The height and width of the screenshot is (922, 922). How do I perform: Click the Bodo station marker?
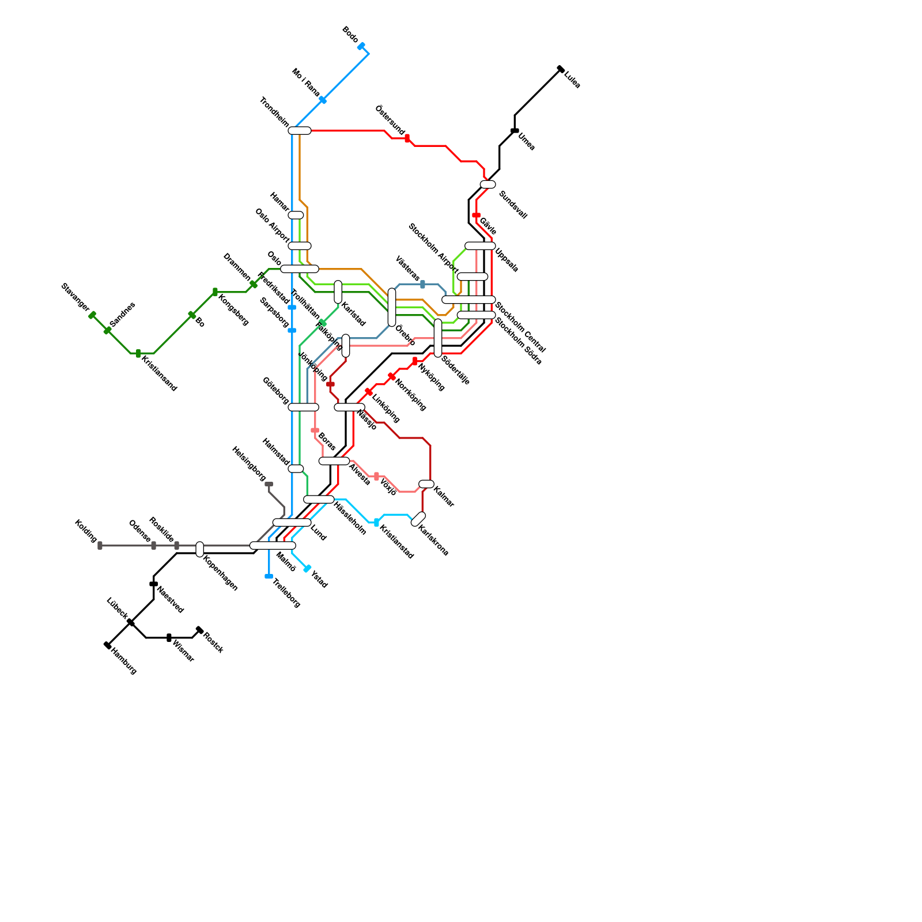click(x=361, y=46)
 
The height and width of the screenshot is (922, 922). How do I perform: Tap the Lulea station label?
click(x=572, y=80)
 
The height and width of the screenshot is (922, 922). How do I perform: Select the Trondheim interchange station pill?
click(x=300, y=131)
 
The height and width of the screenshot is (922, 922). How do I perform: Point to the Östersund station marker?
click(x=407, y=138)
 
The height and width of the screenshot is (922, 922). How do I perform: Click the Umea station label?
click(x=527, y=142)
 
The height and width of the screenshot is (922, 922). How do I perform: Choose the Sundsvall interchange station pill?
click(x=488, y=184)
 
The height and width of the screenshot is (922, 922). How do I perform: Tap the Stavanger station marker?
click(x=92, y=315)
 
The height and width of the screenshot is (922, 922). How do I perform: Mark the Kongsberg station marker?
click(x=215, y=292)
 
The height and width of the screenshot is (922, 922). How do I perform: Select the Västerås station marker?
click(x=422, y=284)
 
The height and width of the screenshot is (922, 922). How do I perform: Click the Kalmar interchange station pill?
click(x=426, y=484)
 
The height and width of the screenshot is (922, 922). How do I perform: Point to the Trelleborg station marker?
click(x=269, y=576)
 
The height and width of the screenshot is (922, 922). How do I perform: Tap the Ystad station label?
click(x=319, y=579)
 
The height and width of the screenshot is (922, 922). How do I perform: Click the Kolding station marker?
click(x=100, y=545)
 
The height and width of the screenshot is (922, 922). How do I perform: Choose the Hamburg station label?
click(x=124, y=662)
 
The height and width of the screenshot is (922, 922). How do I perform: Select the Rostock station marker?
click(x=199, y=630)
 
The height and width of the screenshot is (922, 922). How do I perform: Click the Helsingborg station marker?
click(x=269, y=485)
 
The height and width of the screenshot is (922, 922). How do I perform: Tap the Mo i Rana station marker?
click(x=323, y=100)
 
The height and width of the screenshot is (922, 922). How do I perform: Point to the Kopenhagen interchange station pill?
click(x=199, y=549)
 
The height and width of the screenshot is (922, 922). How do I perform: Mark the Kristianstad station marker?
click(x=376, y=522)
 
